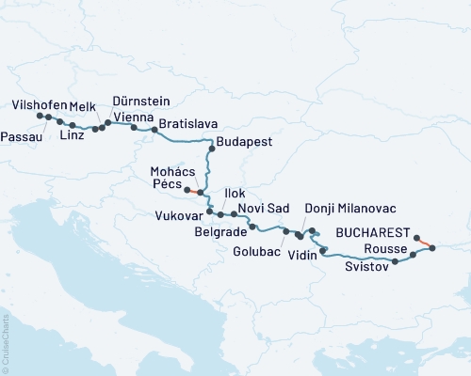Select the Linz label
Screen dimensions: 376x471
click(72, 135)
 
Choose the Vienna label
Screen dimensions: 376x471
click(133, 116)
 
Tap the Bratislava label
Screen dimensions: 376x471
click(188, 123)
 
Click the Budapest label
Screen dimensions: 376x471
click(244, 142)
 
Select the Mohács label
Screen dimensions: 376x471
click(172, 172)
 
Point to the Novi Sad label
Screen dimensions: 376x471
click(263, 207)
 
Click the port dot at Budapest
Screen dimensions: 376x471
click(211, 149)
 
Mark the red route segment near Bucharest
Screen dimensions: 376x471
click(424, 243)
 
